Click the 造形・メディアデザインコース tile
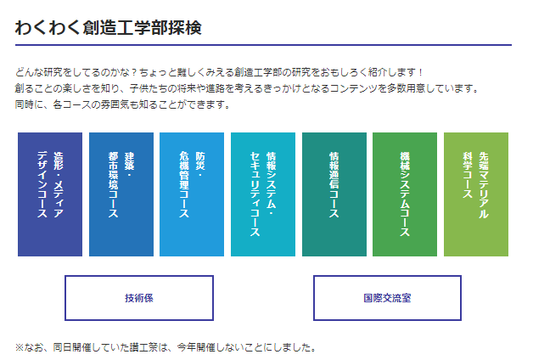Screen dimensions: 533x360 click(50, 194)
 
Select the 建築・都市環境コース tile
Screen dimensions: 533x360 click(121, 194)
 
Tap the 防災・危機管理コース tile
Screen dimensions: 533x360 click(192, 194)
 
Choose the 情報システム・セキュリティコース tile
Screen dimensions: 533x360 click(263, 194)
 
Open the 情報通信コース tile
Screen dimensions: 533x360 click(334, 194)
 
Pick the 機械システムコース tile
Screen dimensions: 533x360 click(405, 194)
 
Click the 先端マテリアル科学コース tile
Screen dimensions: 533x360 click(476, 194)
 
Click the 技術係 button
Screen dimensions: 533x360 click(139, 298)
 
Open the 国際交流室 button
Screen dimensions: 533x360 click(387, 298)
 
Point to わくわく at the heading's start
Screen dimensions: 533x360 click(48, 27)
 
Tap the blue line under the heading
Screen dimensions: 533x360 click(263, 45)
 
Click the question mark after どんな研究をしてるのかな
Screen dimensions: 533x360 click(134, 72)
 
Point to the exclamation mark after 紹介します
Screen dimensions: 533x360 click(420, 72)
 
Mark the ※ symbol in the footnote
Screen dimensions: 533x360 click(20, 347)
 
